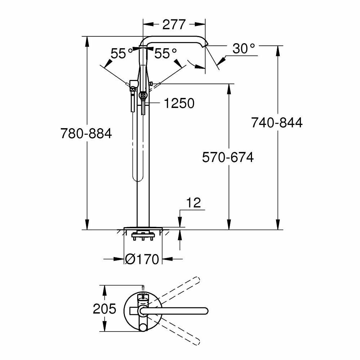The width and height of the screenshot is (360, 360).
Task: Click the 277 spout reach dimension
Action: tap(174, 24)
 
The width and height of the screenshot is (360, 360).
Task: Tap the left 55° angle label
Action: tap(122, 54)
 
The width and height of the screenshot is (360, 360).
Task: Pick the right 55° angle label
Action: tap(166, 54)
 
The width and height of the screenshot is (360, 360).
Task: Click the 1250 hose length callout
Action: tap(179, 104)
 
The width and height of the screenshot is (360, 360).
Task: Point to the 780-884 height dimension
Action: tap(86, 134)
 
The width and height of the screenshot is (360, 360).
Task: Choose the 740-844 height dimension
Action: tap(277, 123)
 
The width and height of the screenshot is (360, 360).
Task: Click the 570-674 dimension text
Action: tap(228, 158)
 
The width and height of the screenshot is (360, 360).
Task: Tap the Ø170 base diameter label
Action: tap(142, 259)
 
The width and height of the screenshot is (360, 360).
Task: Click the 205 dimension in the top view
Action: tap(104, 309)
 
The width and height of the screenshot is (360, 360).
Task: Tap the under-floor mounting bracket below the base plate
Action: tap(143, 236)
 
